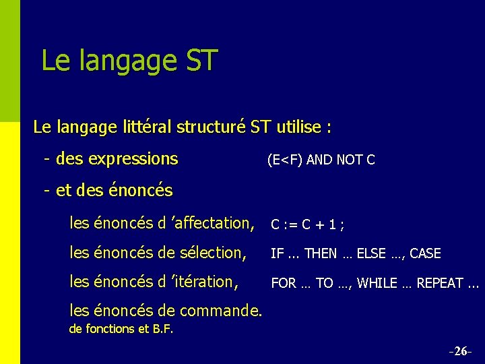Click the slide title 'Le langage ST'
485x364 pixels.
[129, 60]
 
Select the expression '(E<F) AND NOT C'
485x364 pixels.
[321, 160]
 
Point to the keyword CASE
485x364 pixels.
[425, 254]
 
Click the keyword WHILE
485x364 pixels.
[377, 284]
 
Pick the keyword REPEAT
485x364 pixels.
[439, 284]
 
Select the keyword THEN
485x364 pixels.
[321, 254]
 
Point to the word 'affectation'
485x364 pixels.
[212, 222]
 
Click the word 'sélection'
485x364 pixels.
[211, 253]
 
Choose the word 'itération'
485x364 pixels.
[204, 282]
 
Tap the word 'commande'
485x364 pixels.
[225, 311]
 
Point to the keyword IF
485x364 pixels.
[277, 254]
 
